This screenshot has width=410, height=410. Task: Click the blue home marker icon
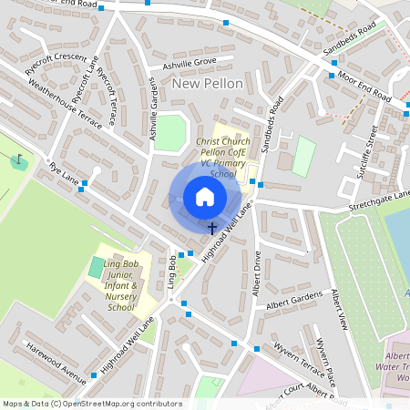[205, 197]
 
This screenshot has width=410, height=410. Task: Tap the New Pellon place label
[207, 84]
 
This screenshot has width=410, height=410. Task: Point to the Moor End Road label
[364, 87]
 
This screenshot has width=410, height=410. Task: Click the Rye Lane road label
[65, 172]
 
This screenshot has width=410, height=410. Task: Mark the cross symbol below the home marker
[212, 228]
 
